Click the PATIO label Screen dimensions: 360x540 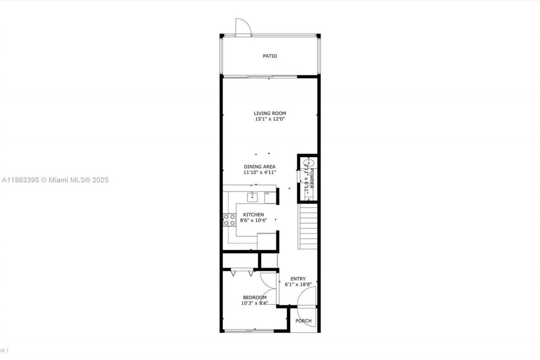270,56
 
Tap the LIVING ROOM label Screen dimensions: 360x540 270,113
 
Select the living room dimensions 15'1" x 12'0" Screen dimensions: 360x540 270,119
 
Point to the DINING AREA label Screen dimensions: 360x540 259,167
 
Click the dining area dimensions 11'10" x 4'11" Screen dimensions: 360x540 259,172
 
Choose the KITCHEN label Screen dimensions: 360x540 253,215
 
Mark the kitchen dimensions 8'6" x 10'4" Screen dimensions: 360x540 253,220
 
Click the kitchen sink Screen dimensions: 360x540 252,195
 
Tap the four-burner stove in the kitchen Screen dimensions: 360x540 229,219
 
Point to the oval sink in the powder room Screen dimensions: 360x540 308,162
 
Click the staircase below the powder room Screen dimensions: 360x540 308,226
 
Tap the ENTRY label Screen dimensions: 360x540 298,279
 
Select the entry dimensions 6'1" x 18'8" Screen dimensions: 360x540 298,284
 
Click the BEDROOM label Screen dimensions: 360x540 254,298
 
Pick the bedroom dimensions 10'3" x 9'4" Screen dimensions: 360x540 254,303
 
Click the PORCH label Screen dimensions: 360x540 303,321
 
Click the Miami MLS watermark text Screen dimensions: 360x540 55,180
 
